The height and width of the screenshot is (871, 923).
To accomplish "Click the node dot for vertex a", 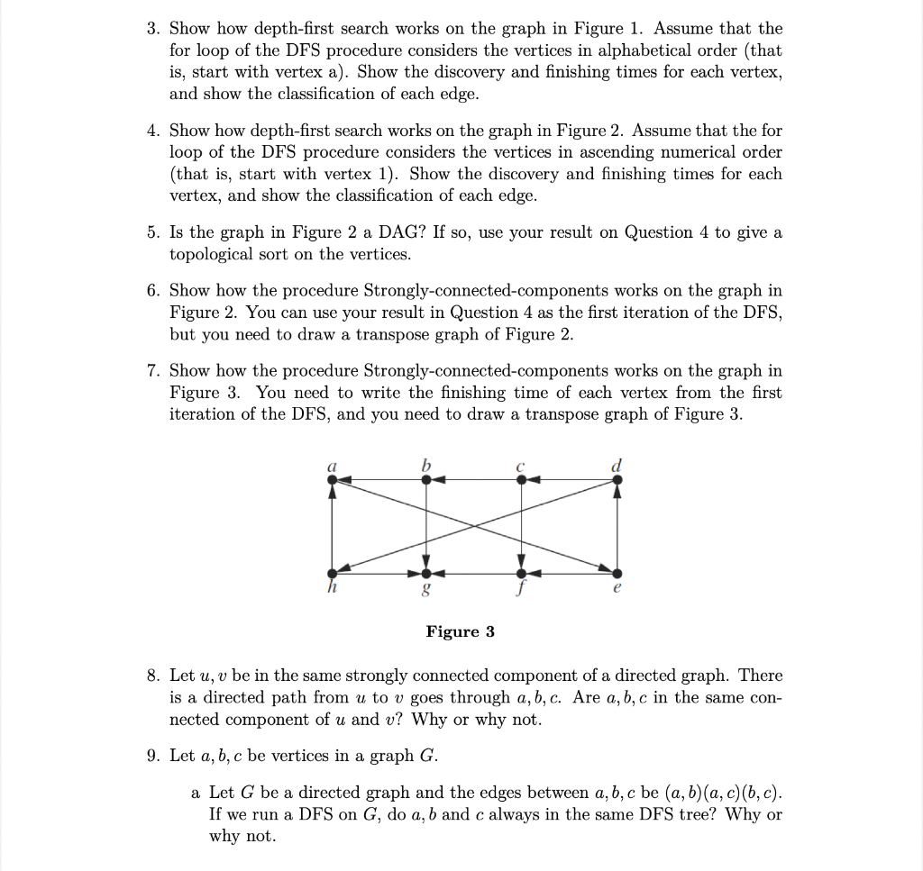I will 333,481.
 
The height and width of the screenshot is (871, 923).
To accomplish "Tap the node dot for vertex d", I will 617,481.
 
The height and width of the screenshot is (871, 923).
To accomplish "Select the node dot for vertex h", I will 333,573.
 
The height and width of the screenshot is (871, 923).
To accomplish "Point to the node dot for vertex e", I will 617,573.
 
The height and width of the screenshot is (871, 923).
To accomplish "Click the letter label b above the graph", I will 426,464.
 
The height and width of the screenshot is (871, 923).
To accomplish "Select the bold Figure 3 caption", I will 460,631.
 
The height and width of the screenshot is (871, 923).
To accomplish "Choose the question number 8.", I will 153,676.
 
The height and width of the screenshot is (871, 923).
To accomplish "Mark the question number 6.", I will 153,290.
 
